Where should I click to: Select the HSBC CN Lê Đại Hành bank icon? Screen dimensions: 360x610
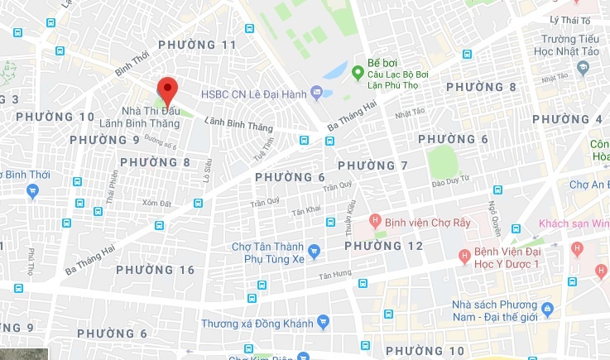[x=315, y=91]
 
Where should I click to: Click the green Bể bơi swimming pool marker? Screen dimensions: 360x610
[x=358, y=73]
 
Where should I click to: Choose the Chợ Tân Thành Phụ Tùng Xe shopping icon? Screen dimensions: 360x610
[x=314, y=251]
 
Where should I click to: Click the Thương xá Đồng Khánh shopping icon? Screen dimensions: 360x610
[x=324, y=322]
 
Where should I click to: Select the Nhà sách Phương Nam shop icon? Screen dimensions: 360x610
[x=558, y=309]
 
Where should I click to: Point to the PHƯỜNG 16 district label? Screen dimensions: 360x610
[x=156, y=270]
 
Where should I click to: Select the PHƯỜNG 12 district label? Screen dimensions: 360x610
[x=383, y=246]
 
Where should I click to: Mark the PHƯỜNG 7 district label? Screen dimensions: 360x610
[x=373, y=166]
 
